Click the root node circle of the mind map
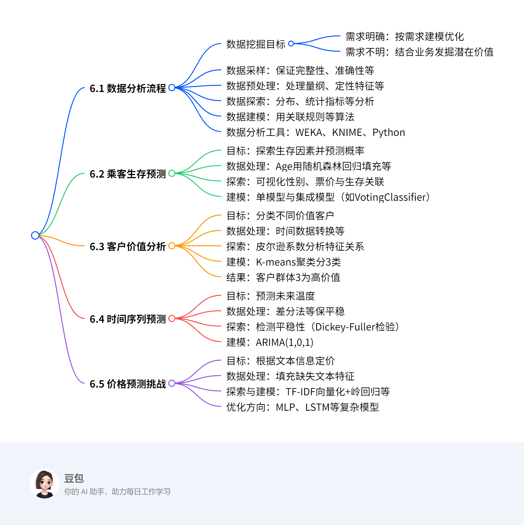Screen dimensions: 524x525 click(35, 235)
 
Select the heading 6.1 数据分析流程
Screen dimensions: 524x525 click(128, 88)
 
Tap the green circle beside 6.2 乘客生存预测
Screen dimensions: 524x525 click(172, 173)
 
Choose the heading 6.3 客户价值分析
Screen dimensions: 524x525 click(128, 246)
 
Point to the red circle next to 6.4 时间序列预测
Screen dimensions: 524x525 click(172, 318)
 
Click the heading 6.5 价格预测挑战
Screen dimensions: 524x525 click(128, 384)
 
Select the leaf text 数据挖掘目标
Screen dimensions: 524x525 click(256, 44)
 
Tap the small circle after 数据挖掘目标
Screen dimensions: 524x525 click(291, 44)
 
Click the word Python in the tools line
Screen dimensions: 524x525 click(389, 132)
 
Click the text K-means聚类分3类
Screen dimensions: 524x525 click(298, 262)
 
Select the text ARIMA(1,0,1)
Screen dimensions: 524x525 click(285, 342)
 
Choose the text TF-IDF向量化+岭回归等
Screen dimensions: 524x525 click(338, 392)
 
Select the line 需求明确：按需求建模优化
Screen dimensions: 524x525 click(405, 36)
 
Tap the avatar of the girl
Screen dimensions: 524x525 click(44, 484)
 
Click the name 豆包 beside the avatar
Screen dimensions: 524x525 click(74, 478)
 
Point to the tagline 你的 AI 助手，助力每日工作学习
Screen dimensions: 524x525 click(117, 492)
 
